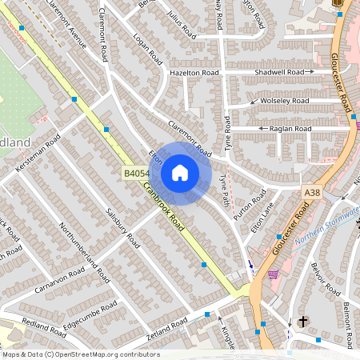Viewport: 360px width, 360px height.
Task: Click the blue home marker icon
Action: pos(180,173)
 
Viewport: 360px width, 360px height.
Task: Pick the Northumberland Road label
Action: pos(85,250)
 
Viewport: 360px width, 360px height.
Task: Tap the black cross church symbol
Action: pos(302,322)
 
